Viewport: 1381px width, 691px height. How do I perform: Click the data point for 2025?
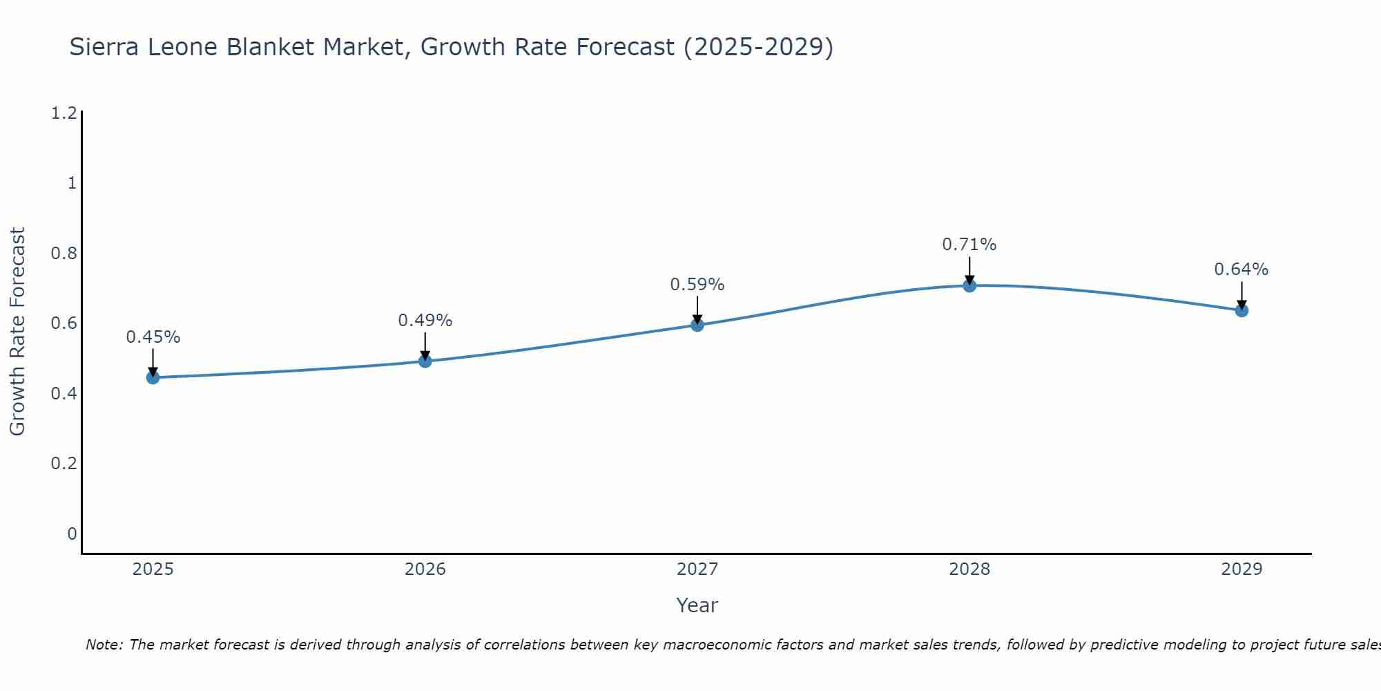(x=153, y=377)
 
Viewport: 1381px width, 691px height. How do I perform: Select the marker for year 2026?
(x=425, y=361)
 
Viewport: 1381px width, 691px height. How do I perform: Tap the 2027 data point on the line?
(x=697, y=325)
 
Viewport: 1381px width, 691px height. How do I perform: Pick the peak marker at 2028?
(x=969, y=285)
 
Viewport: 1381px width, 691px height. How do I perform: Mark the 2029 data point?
(x=1241, y=310)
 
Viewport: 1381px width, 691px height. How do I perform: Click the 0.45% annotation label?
(x=153, y=337)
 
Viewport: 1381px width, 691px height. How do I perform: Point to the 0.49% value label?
(x=425, y=321)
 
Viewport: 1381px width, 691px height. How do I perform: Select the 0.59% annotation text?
(x=697, y=285)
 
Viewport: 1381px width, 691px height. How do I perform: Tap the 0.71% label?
(x=969, y=245)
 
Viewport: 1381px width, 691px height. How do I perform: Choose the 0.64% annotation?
(x=1241, y=269)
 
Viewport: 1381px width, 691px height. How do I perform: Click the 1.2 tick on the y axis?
(x=64, y=113)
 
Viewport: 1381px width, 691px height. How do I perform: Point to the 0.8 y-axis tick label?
(x=64, y=253)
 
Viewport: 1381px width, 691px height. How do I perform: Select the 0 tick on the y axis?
(x=72, y=533)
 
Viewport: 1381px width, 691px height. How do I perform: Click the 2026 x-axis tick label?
(x=425, y=569)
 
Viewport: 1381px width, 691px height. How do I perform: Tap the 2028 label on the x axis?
(x=969, y=569)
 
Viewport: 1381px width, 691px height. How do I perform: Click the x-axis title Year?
(x=697, y=605)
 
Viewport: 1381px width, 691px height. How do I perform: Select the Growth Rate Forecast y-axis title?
(x=17, y=332)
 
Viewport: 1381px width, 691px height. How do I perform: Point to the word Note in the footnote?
(x=104, y=645)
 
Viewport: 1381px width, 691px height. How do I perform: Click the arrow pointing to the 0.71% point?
(x=969, y=269)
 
